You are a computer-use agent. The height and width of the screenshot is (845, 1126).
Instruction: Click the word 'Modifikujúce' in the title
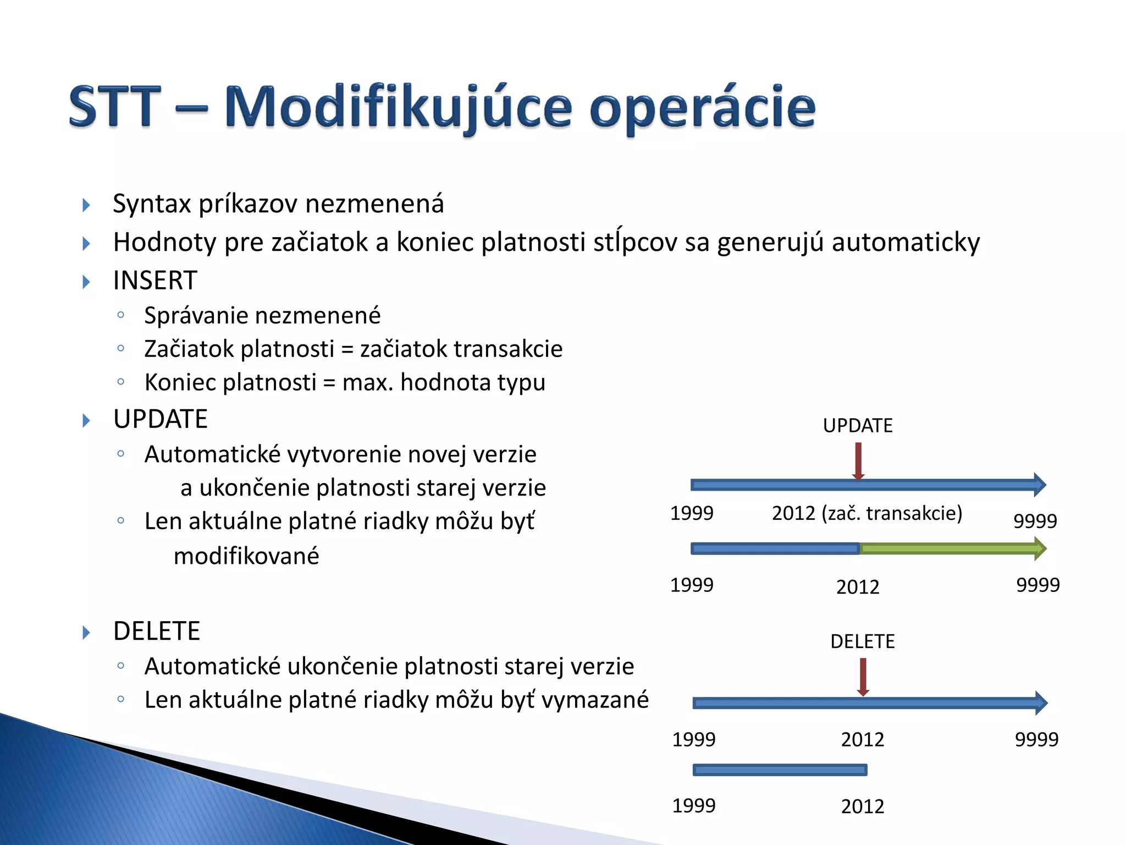point(398,107)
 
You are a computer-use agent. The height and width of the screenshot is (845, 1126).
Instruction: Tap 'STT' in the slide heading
point(115,107)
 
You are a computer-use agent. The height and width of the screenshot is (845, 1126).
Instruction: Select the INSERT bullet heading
point(154,281)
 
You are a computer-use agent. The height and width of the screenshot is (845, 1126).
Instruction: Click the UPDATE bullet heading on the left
point(160,419)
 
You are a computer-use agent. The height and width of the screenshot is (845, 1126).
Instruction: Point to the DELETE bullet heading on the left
point(156,631)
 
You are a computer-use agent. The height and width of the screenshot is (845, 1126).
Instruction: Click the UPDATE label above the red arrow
point(857,426)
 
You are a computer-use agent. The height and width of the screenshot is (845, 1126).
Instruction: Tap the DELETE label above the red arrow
point(862,641)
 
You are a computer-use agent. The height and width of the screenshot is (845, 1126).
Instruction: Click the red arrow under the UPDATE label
point(858,461)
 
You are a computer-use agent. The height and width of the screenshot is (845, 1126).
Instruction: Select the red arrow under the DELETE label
point(863,677)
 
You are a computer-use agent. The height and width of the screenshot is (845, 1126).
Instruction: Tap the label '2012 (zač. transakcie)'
point(866,513)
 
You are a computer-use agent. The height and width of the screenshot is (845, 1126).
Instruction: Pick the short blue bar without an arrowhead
point(780,770)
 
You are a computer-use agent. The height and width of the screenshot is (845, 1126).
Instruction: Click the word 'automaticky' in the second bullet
point(906,243)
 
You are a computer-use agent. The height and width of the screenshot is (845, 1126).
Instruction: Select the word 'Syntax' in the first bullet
point(151,204)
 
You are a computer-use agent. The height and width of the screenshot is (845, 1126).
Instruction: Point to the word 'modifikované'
point(246,556)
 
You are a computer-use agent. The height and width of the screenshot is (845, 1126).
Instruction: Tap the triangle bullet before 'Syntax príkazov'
point(86,205)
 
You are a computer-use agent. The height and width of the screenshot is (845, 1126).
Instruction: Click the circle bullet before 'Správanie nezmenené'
point(121,315)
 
